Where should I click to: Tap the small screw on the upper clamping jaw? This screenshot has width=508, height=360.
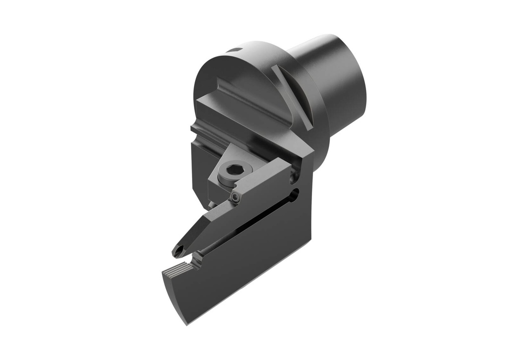tap(235, 198)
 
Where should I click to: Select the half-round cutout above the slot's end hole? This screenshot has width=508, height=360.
tap(296, 173)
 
